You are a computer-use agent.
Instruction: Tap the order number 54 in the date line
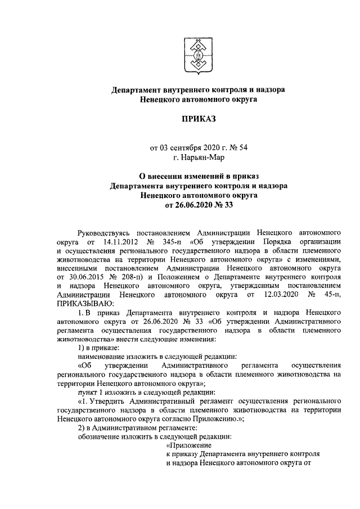point(242,148)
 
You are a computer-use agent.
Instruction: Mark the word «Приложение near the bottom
point(191,447)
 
